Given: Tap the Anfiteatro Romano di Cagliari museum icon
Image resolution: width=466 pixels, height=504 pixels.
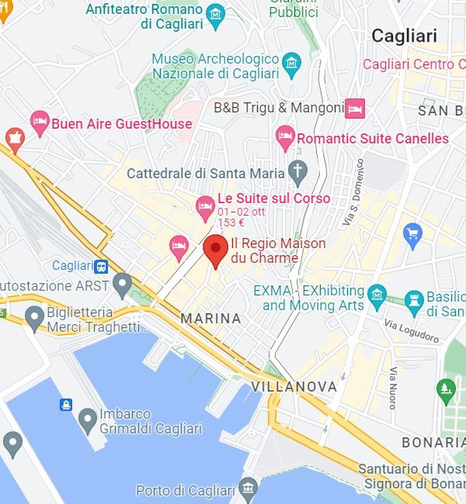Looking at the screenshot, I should (215, 15).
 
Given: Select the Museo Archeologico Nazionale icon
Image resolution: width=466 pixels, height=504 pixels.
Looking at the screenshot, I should (292, 61).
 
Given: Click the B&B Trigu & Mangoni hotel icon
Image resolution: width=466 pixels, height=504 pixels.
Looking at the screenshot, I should (355, 108).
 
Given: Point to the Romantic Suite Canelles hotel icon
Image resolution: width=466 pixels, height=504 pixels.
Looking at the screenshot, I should (285, 138).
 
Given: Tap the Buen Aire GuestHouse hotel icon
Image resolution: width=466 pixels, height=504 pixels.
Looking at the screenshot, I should (40, 122).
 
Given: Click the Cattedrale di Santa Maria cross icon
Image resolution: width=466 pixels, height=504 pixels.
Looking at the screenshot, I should (297, 170).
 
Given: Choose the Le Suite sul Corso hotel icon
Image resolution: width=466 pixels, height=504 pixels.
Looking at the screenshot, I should (205, 205).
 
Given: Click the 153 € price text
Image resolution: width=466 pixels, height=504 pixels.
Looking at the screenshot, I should (231, 223).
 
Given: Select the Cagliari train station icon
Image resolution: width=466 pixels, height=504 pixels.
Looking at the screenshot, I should (102, 267).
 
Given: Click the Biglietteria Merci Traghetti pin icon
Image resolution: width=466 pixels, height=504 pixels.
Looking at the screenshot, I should (34, 316).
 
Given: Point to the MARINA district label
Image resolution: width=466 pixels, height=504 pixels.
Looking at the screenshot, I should (210, 319).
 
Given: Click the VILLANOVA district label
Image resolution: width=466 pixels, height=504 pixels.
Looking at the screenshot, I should (294, 386).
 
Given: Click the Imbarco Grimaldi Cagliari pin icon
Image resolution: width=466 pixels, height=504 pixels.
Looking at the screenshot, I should (87, 419).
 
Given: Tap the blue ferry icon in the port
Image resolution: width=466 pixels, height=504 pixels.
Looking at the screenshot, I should (65, 405).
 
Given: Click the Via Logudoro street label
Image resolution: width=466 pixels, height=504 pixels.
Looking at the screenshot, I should (412, 331).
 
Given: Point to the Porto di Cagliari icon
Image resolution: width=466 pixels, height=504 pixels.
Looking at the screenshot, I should (248, 488).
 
